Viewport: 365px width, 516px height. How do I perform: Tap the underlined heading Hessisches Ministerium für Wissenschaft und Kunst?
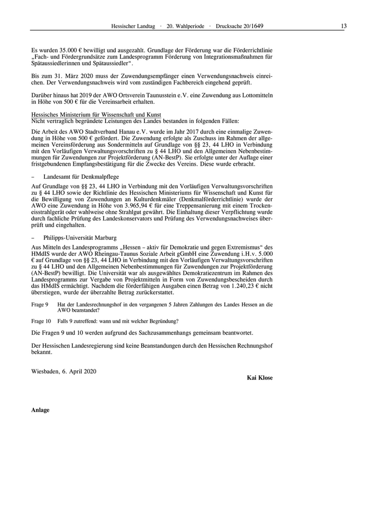click(x=96, y=114)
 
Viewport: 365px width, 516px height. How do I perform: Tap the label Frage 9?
click(x=40, y=304)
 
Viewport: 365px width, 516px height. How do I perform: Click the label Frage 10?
click(x=41, y=321)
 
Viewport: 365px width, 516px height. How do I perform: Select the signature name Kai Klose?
click(x=259, y=377)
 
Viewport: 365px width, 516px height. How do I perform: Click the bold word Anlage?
click(x=40, y=410)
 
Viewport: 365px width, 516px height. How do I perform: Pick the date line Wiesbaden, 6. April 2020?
click(x=64, y=371)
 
